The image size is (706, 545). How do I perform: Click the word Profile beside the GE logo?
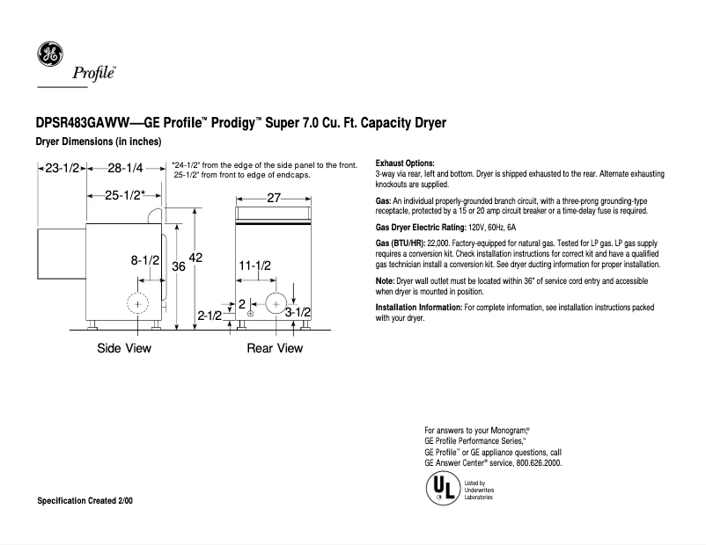(x=92, y=73)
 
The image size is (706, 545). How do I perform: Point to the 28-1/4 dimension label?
(x=127, y=168)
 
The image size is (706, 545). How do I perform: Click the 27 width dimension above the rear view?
(x=273, y=198)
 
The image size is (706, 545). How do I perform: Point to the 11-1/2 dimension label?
(x=254, y=265)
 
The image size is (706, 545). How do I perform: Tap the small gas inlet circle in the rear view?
(x=251, y=313)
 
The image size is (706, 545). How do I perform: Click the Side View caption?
(x=123, y=348)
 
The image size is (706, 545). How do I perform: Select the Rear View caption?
(x=274, y=348)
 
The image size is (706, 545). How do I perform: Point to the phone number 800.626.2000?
(x=536, y=463)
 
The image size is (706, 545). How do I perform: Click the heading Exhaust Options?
(x=405, y=163)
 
